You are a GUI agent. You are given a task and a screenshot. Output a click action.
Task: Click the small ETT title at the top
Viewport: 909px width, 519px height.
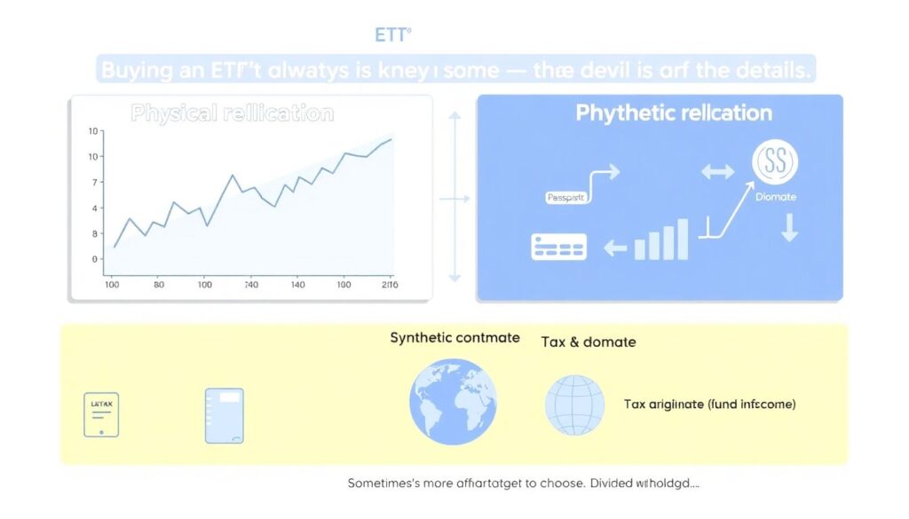point(393,35)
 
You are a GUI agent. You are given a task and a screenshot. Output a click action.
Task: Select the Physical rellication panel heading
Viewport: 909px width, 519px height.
point(233,114)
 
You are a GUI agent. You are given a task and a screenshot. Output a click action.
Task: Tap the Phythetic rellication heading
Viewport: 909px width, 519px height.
point(674,113)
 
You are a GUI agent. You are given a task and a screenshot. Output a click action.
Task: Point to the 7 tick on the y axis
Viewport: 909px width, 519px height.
point(93,182)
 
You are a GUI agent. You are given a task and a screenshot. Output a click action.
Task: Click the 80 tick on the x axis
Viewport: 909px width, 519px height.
point(159,286)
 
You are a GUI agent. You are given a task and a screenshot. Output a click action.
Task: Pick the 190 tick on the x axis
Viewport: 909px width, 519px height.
point(344,286)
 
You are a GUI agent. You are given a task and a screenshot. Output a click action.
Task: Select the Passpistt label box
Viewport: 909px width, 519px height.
point(565,199)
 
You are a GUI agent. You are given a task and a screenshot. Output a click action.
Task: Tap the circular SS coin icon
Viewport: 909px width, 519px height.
point(775,162)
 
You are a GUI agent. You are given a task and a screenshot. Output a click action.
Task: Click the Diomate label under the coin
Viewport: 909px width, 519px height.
point(776,197)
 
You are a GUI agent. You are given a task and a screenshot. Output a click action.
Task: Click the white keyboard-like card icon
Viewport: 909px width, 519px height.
point(558,247)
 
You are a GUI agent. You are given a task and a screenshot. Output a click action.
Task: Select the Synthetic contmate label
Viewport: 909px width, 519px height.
point(454,338)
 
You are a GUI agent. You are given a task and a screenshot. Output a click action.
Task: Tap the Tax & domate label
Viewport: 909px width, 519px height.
point(588,342)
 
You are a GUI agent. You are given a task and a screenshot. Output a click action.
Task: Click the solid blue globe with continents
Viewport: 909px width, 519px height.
point(453,401)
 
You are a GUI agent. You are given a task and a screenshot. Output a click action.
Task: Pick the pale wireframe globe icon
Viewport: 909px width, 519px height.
point(574,405)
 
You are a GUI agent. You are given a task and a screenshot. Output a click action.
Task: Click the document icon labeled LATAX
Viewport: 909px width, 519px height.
point(101,413)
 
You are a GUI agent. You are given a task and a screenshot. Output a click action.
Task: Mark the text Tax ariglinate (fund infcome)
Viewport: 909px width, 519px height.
point(709,405)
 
